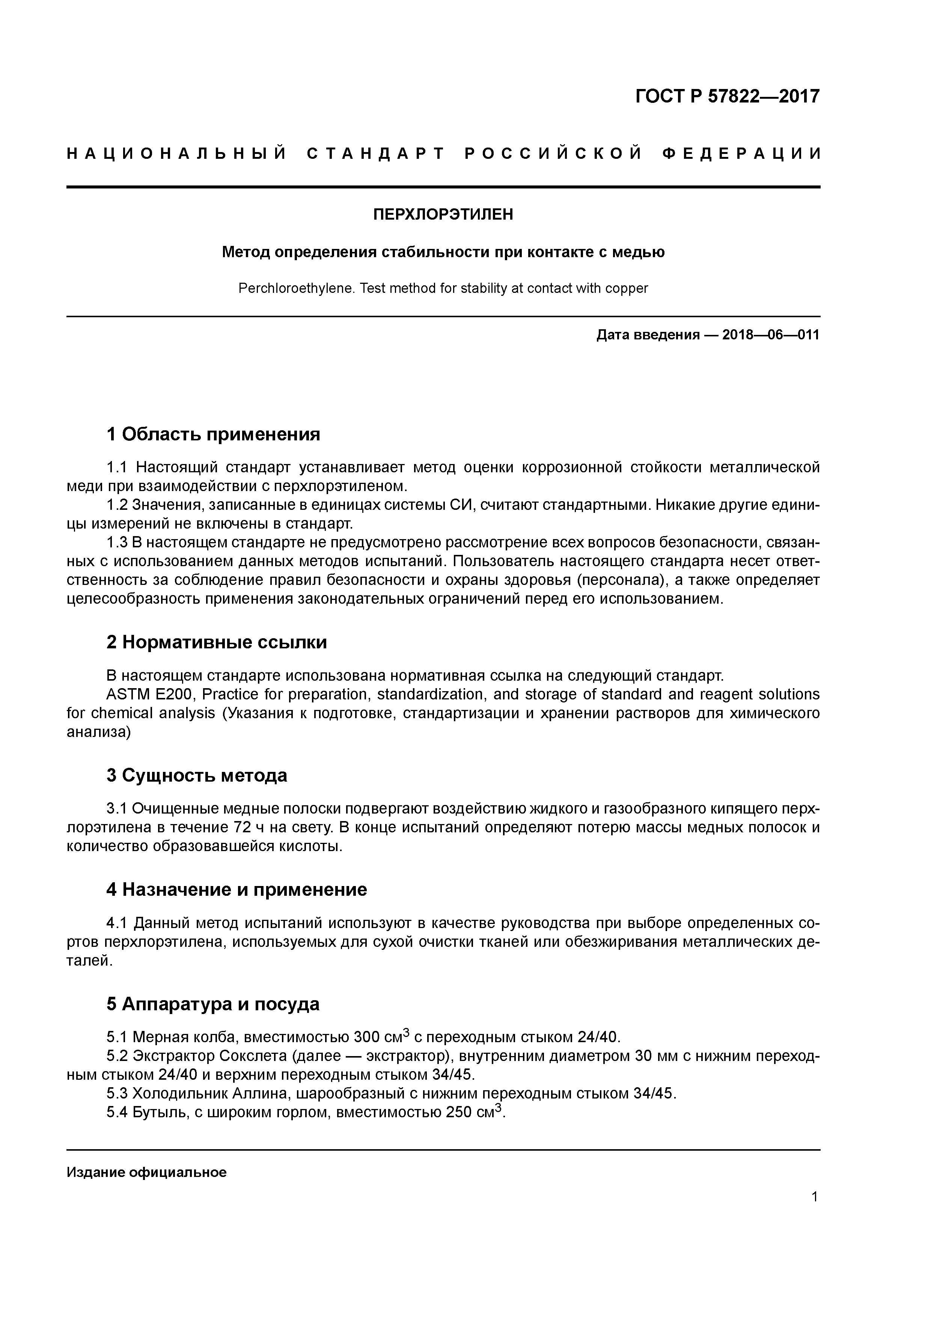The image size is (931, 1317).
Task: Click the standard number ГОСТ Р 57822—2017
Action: (728, 96)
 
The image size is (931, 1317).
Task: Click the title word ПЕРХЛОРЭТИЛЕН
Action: (443, 214)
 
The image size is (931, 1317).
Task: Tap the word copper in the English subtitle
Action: (627, 289)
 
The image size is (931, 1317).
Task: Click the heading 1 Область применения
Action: (213, 434)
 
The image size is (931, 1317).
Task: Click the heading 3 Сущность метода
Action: (196, 776)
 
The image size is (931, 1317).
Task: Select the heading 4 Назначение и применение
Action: (237, 890)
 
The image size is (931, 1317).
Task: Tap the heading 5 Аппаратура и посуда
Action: (213, 1004)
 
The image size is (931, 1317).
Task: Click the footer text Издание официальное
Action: (146, 1172)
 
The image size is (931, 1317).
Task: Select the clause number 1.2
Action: (117, 505)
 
